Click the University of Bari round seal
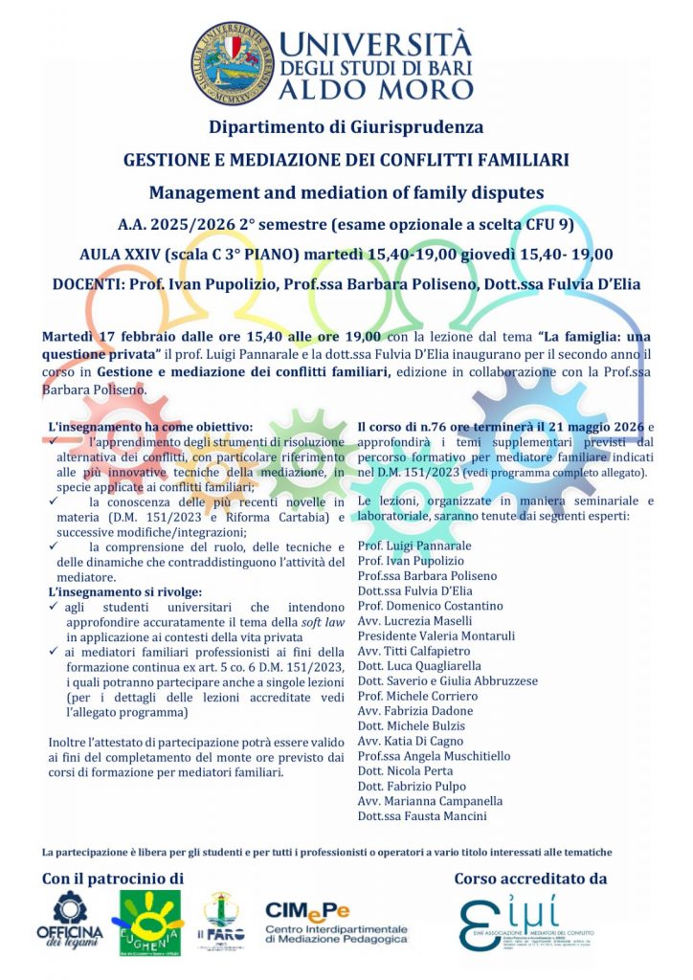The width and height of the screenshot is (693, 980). click(232, 63)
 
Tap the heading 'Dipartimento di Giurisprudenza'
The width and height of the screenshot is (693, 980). click(346, 126)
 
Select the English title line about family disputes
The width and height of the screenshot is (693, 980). click(346, 191)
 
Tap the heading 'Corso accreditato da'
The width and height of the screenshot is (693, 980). click(529, 878)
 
